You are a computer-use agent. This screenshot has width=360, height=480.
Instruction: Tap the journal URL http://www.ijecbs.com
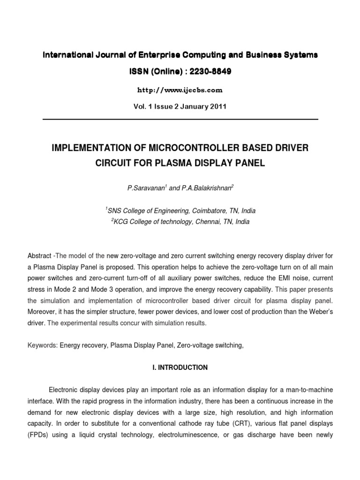point(180,90)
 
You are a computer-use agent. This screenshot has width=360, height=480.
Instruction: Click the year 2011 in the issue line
point(217,106)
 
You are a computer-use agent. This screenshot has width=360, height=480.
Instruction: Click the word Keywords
point(42,345)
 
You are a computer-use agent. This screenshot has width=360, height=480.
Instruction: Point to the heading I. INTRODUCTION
point(180,368)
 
